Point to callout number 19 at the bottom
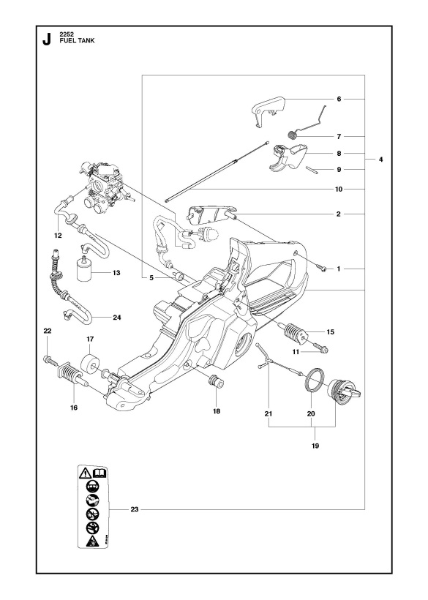click(x=315, y=444)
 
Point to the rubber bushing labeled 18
click(x=216, y=380)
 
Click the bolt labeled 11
click(x=321, y=348)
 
